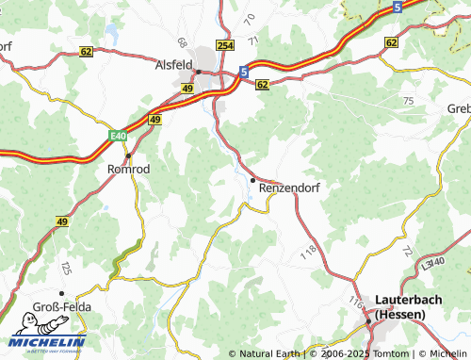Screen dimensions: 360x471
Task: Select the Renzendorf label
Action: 289,188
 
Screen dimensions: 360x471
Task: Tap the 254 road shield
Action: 224,45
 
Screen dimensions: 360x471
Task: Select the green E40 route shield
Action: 117,136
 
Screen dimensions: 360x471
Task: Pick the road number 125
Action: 67,270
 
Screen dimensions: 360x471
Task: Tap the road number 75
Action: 407,100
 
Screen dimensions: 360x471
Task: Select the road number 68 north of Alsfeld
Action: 181,42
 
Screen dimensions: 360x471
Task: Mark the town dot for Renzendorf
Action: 252,179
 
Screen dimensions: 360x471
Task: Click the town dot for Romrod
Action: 127,155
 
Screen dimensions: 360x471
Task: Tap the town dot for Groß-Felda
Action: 61,293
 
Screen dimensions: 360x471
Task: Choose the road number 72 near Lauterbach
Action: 406,251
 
